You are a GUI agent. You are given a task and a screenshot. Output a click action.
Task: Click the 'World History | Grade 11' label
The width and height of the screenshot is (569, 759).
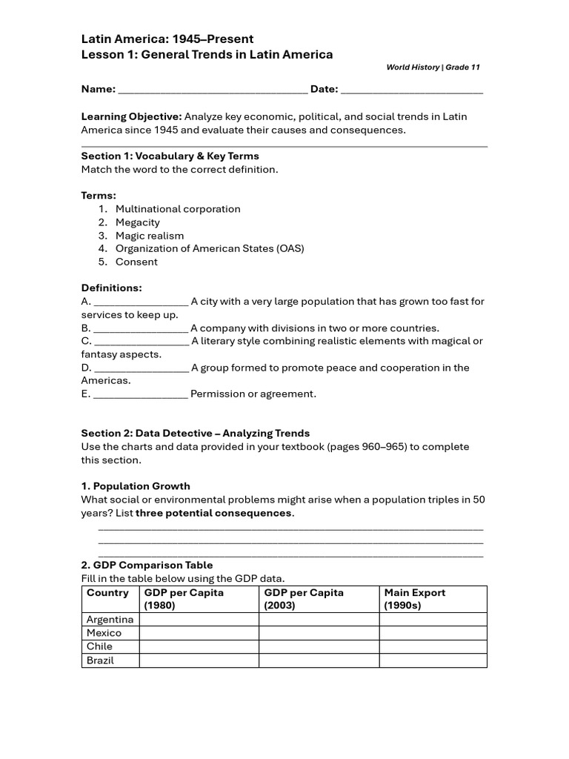click(x=433, y=67)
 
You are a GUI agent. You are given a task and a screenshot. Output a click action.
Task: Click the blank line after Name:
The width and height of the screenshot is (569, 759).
click(x=213, y=90)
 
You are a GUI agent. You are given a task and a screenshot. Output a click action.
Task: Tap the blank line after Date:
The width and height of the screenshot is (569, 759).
click(x=412, y=90)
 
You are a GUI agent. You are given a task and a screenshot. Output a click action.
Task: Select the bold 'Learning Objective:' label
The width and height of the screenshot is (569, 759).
click(x=131, y=117)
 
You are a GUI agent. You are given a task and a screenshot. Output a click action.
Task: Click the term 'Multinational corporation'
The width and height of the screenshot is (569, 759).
click(x=178, y=209)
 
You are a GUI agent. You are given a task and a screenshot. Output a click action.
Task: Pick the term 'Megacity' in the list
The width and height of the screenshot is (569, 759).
click(x=138, y=222)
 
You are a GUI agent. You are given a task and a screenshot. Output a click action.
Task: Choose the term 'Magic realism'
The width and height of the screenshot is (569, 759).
click(x=150, y=236)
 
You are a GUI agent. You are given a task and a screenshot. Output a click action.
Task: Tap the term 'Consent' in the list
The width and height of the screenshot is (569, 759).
click(x=136, y=262)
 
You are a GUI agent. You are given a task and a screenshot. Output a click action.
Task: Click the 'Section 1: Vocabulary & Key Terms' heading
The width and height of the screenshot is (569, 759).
click(x=170, y=156)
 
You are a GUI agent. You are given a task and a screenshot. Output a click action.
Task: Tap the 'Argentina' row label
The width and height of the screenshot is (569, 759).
click(x=110, y=620)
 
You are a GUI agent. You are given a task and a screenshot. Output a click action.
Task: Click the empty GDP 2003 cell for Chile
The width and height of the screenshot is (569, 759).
click(x=319, y=646)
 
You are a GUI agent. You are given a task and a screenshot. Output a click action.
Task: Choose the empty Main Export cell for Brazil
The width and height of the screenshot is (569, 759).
click(x=433, y=660)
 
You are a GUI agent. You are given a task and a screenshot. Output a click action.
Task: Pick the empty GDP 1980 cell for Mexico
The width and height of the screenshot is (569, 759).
click(x=198, y=633)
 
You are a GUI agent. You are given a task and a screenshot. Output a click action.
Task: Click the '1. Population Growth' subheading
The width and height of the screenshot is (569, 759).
click(x=136, y=486)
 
